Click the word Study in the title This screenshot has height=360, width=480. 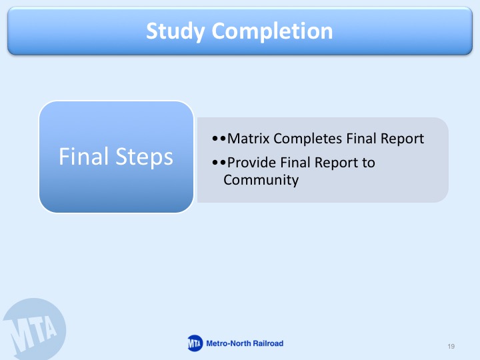click(175, 31)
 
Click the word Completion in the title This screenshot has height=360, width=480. click(272, 31)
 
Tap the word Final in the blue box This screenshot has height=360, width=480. click(83, 157)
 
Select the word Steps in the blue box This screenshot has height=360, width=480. click(145, 157)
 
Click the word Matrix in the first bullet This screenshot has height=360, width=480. click(248, 139)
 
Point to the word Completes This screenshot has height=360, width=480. click(307, 139)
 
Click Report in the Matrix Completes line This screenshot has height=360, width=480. click(402, 139)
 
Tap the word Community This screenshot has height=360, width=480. click(261, 180)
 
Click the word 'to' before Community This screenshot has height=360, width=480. click(369, 163)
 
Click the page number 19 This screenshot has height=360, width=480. click(451, 346)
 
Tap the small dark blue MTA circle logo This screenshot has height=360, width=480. click(195, 343)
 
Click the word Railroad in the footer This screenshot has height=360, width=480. click(268, 343)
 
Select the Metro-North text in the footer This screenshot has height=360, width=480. click(229, 343)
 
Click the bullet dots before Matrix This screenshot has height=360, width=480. click(219, 139)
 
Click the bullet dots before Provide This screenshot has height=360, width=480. click(219, 162)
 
